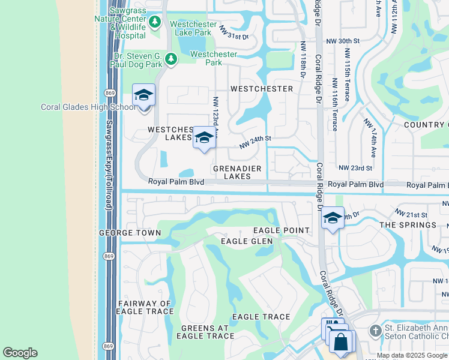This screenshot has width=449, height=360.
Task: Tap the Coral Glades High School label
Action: click(x=88, y=107)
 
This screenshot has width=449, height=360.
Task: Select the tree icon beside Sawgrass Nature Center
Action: click(x=155, y=22)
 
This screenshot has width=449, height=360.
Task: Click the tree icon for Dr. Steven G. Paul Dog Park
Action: click(x=171, y=59)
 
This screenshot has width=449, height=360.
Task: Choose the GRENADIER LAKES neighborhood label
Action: click(x=237, y=172)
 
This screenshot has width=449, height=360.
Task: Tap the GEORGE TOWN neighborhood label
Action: click(x=130, y=232)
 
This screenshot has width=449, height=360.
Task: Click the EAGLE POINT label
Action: click(x=281, y=230)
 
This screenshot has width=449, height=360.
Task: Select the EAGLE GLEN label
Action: click(x=247, y=241)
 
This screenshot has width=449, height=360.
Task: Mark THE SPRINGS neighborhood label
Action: click(x=408, y=225)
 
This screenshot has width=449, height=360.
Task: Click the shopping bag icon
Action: click(x=341, y=343)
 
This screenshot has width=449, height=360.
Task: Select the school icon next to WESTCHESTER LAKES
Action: click(x=204, y=138)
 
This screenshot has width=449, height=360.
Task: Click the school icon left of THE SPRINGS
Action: click(x=332, y=218)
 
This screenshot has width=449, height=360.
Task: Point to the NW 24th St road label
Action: click(x=256, y=142)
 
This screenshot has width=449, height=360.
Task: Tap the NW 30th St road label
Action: click(x=342, y=41)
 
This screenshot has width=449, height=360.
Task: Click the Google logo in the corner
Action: click(x=20, y=353)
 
